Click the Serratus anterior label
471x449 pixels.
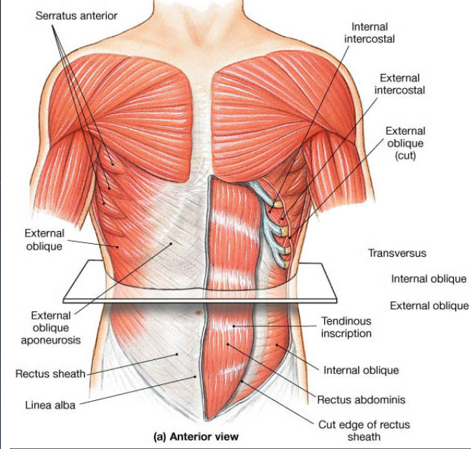point(76,16)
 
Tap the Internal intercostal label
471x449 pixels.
point(369,33)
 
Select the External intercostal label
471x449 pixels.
point(399,84)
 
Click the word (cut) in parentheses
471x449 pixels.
point(405,156)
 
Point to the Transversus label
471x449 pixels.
point(397,253)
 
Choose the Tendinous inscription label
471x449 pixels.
point(346,327)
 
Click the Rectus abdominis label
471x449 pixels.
point(361,400)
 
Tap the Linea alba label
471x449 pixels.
point(50,405)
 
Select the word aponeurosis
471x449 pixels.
point(51,340)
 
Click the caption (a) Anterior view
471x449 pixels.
point(196,436)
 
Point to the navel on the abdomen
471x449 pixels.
point(199,313)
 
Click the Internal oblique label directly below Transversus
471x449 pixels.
point(429,279)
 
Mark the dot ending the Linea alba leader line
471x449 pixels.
point(195,376)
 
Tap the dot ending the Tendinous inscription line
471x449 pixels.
point(234,326)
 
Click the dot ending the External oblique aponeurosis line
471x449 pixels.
point(171,243)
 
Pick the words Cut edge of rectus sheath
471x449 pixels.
point(364,430)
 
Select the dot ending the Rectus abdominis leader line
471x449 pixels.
point(228,344)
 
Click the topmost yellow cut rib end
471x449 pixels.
point(278,204)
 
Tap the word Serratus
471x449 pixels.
point(54,16)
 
